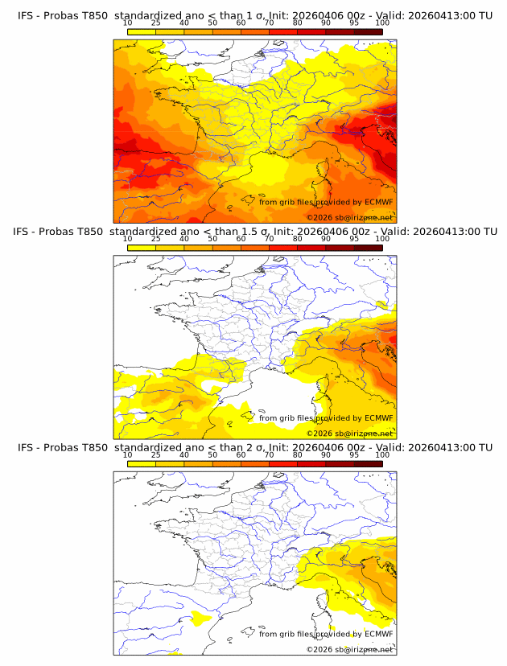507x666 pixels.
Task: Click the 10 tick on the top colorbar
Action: [128, 23]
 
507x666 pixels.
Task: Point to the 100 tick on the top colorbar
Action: [382, 23]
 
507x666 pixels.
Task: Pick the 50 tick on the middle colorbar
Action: [212, 239]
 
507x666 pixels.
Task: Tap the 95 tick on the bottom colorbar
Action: [354, 454]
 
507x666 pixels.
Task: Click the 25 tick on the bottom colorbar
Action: [156, 454]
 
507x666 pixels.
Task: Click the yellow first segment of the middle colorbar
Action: [142, 247]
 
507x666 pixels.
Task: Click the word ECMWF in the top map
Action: [378, 202]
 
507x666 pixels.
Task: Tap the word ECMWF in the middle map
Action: [378, 417]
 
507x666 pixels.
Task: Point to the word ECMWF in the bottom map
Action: [378, 634]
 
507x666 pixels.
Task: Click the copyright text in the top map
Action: [349, 217]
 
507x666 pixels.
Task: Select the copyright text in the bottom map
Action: [349, 649]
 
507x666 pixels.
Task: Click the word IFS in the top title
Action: [26, 15]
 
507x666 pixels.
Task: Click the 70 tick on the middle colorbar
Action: [269, 239]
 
